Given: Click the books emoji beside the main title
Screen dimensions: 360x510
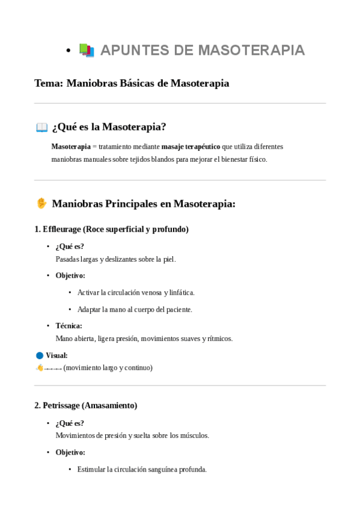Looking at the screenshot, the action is (x=87, y=51).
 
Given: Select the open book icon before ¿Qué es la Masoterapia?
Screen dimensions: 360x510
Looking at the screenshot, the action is (x=41, y=127).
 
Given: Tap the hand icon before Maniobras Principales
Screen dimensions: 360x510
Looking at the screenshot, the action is (x=41, y=203).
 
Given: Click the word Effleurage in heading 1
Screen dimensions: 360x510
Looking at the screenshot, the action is (x=62, y=229).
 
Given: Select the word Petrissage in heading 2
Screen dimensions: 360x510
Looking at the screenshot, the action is (x=62, y=405).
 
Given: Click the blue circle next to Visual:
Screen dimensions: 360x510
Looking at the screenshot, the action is (x=40, y=355).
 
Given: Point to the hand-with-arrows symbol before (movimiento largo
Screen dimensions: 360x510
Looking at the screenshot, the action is (x=48, y=367).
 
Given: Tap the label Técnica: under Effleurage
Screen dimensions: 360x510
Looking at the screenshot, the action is (x=69, y=326).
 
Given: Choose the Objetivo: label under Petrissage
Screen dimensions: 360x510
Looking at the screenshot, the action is (x=70, y=452).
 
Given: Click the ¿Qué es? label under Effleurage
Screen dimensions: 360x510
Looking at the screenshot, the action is (x=70, y=247).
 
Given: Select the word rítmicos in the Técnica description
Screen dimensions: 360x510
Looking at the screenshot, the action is (x=218, y=339).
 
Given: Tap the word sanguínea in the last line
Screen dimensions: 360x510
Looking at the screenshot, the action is (x=158, y=470).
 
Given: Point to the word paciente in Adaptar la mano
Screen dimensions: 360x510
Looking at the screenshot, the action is (x=175, y=310).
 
